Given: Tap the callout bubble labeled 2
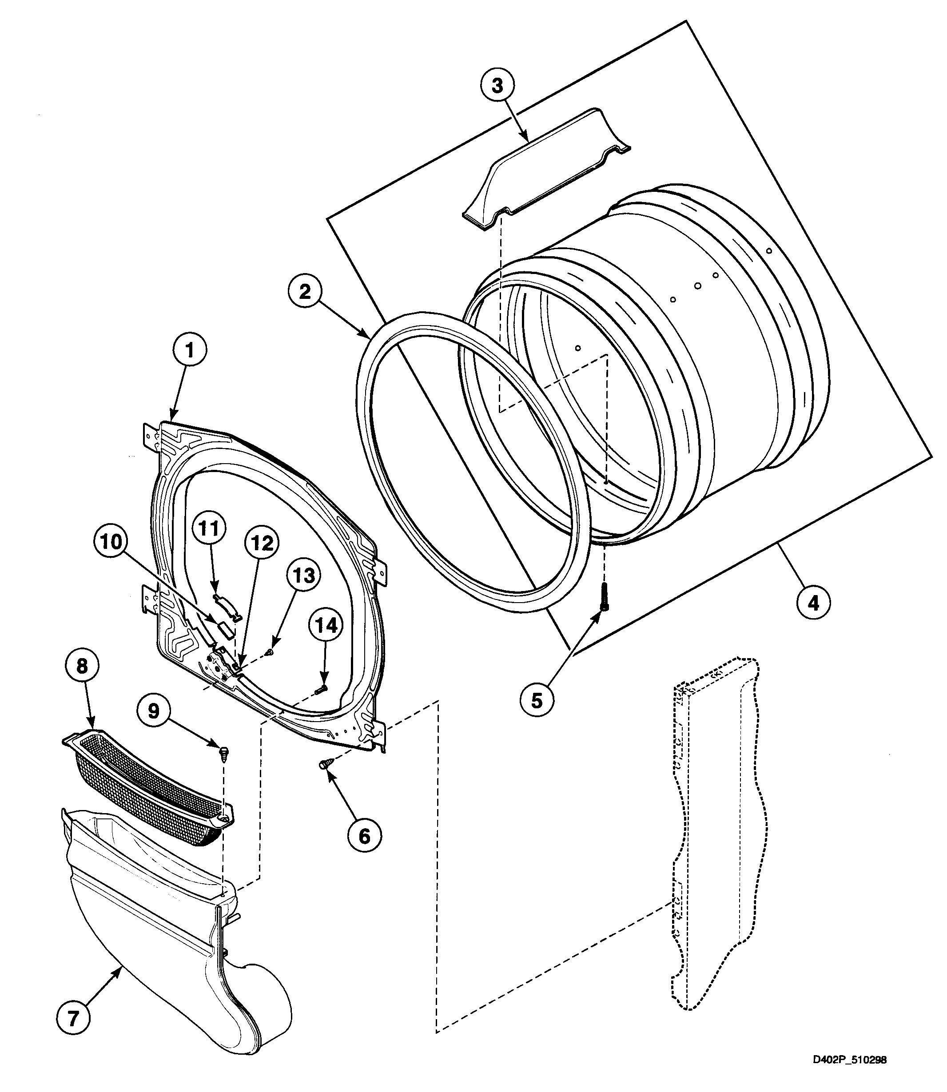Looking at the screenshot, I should pos(305,292).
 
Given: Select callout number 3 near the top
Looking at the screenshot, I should pos(497,86).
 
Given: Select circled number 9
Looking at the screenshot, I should pos(154,711).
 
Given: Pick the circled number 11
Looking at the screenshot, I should pos(209,528).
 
